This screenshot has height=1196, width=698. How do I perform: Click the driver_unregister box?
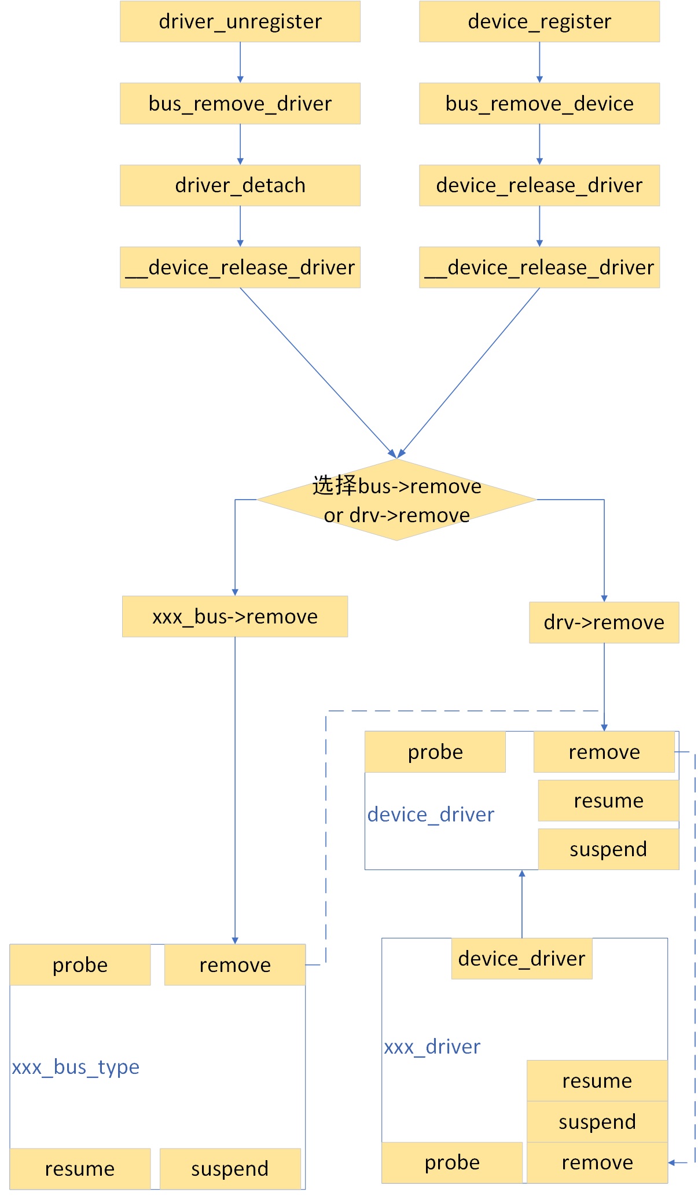(x=240, y=21)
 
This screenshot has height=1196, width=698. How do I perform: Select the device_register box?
(x=539, y=21)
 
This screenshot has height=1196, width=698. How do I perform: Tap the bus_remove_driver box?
(x=240, y=104)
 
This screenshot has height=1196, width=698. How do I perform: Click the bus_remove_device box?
(x=539, y=104)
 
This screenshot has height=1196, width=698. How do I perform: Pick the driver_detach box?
(x=240, y=185)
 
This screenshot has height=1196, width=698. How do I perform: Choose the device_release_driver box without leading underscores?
(x=539, y=185)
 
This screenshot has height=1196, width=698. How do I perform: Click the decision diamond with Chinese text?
(x=396, y=500)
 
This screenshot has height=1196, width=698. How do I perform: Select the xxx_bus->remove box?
(x=234, y=617)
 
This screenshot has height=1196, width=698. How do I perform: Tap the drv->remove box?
(x=604, y=622)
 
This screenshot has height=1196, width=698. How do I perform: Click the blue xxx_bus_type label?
(x=76, y=1067)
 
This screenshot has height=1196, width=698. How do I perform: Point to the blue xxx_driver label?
(x=432, y=1047)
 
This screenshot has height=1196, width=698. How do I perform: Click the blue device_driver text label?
(x=431, y=815)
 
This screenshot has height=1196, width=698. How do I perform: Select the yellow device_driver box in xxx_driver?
(x=521, y=959)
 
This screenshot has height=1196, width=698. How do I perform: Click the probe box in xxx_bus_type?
(x=80, y=965)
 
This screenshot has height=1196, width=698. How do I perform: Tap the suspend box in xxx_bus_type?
(x=230, y=1169)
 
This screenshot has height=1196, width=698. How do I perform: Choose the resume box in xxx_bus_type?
(x=80, y=1169)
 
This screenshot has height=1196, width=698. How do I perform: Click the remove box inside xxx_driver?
(x=597, y=1162)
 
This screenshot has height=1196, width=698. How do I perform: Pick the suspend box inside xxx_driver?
(x=597, y=1122)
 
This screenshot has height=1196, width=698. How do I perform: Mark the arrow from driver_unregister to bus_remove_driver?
(x=240, y=63)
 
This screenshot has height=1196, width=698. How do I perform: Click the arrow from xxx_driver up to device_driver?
(x=521, y=903)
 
